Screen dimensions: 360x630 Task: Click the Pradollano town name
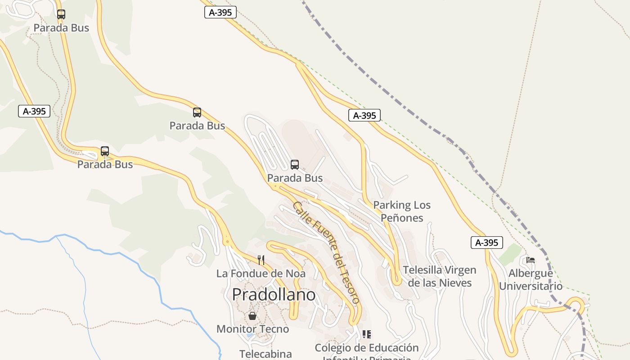click(x=274, y=295)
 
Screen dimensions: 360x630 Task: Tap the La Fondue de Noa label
click(x=261, y=274)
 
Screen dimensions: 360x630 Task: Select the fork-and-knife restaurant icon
click(x=261, y=260)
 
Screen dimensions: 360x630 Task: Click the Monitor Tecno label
click(x=252, y=329)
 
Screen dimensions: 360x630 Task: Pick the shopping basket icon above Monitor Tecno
click(x=252, y=316)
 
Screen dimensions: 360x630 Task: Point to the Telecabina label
click(x=265, y=354)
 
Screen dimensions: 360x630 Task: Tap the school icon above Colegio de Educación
click(x=367, y=334)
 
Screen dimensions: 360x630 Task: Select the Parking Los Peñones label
click(x=402, y=211)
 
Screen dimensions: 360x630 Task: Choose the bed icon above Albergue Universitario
click(x=531, y=260)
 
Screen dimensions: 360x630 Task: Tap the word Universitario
click(x=531, y=286)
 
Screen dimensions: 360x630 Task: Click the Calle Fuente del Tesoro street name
click(x=327, y=252)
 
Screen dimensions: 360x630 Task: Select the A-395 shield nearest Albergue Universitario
click(x=486, y=243)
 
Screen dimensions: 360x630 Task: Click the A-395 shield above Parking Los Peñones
click(x=364, y=116)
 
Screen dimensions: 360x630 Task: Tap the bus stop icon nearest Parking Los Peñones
click(x=295, y=165)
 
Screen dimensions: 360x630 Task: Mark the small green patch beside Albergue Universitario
click(x=510, y=254)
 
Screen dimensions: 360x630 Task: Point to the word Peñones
click(x=402, y=218)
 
